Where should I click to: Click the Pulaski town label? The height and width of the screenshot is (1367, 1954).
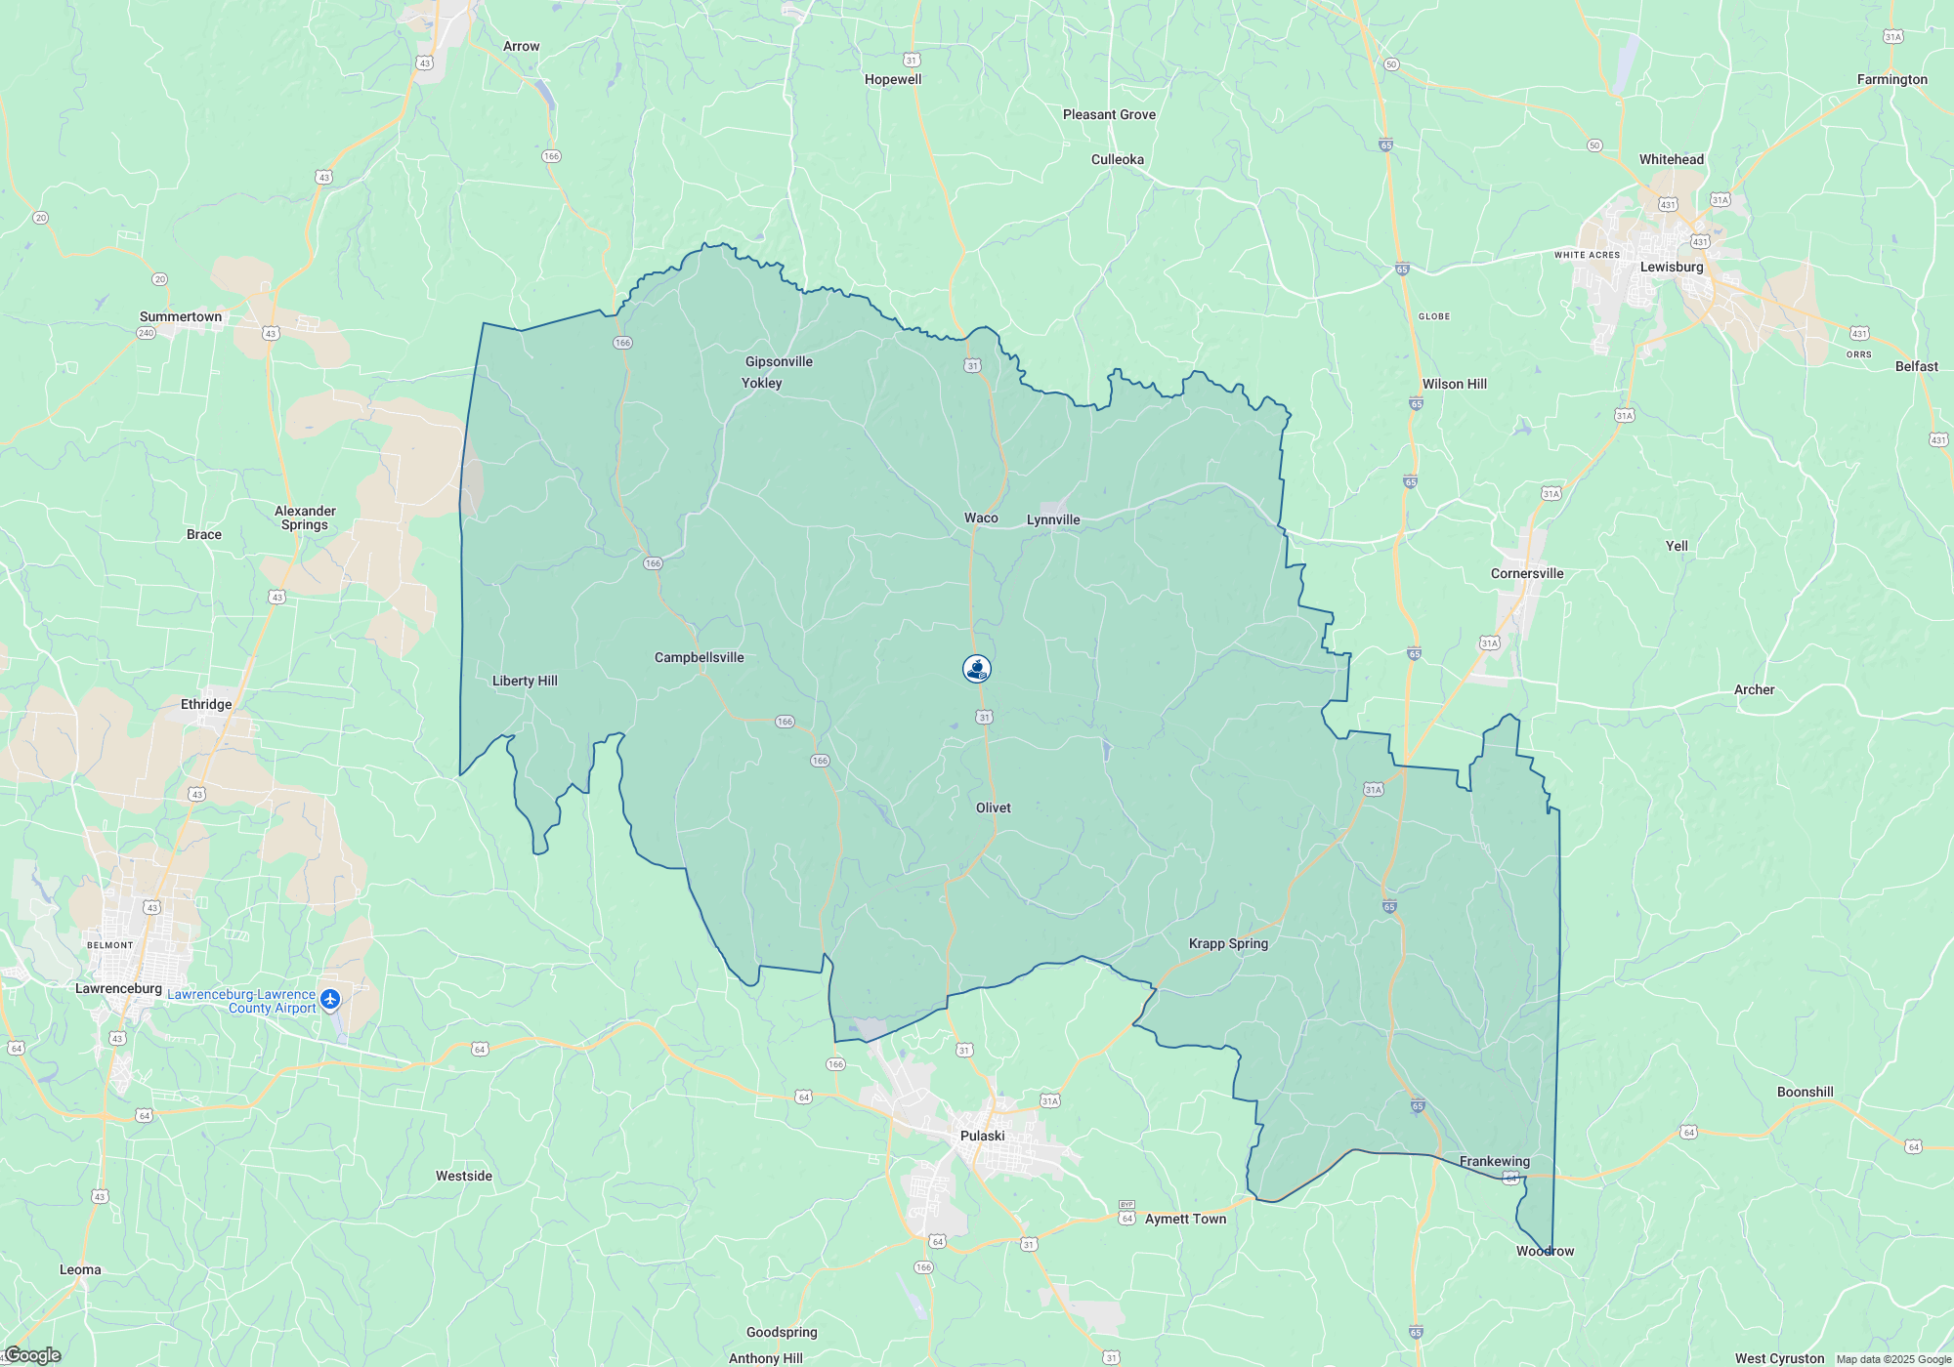pos(982,1136)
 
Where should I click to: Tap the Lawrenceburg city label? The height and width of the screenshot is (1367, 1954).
pos(118,988)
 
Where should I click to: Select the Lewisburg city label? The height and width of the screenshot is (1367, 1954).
pos(1671,267)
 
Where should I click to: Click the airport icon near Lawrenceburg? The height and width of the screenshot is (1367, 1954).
pos(330,999)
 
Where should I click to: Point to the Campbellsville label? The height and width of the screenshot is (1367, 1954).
pos(699,657)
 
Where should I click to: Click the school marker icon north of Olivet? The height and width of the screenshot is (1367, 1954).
pos(977,668)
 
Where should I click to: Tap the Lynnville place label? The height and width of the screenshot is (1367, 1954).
pos(1052,519)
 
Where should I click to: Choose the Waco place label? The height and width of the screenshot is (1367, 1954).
pos(981,518)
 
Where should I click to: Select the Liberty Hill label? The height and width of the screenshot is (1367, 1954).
pos(525,681)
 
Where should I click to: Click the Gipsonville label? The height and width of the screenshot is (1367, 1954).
pos(779,361)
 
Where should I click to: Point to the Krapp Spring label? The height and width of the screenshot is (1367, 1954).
pos(1228,943)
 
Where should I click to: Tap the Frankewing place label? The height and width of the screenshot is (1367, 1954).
pos(1494,1161)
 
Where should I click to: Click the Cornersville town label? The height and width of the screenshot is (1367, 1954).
pos(1526,573)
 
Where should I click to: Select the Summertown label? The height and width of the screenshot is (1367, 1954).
pos(181,316)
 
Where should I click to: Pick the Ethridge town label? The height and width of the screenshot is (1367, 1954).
pos(206,704)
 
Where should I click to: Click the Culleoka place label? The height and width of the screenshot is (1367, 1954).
pos(1117,159)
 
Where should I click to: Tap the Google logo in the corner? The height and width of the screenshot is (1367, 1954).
pos(31,1355)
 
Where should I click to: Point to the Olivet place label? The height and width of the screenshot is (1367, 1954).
pos(993,808)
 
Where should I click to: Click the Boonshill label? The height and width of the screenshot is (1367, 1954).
pos(1805,1092)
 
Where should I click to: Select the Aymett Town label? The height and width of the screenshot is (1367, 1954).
pos(1185,1219)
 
